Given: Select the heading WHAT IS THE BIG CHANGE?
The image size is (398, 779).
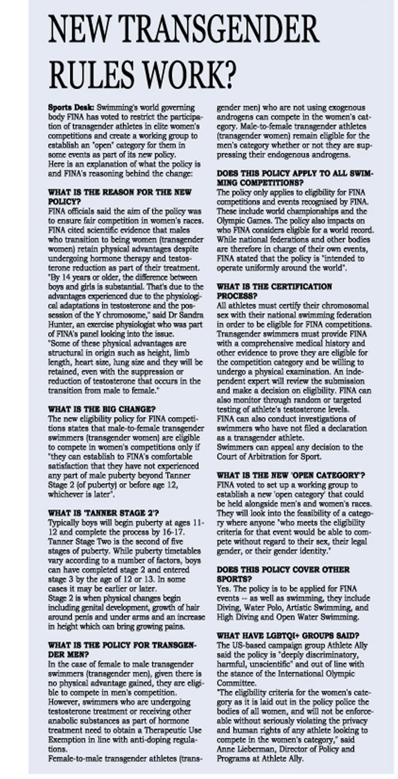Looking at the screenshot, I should [x=101, y=409].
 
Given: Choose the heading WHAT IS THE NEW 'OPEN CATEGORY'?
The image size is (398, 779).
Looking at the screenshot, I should [x=291, y=475].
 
